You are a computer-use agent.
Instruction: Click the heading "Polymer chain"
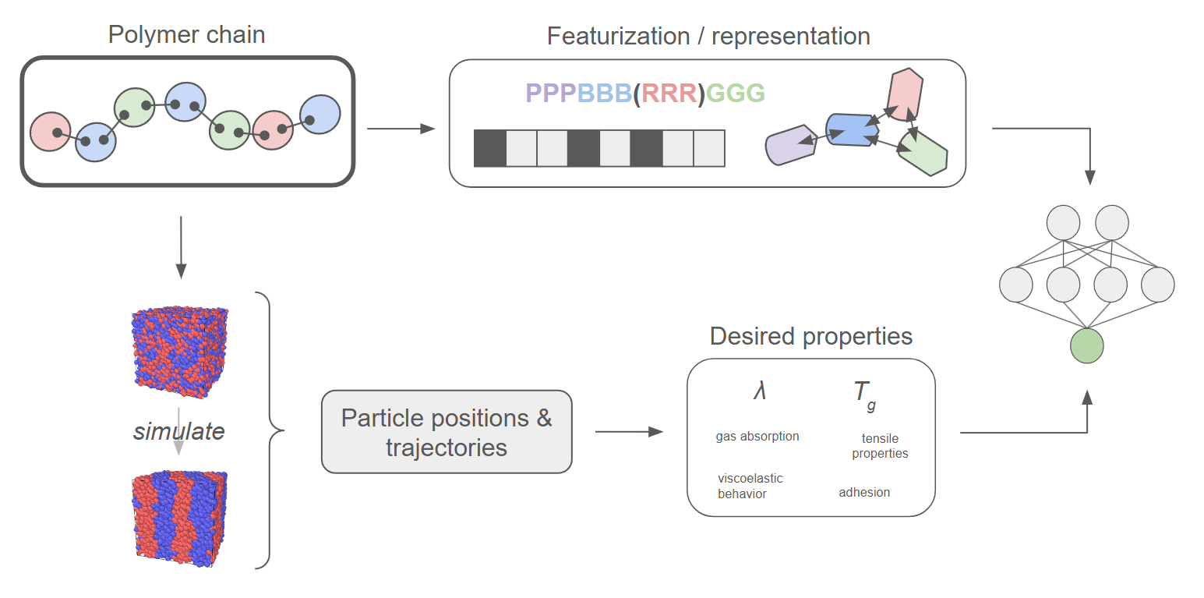(186, 35)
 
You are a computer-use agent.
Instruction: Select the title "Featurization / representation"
(708, 36)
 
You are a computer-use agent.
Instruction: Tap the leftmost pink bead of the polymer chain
(51, 132)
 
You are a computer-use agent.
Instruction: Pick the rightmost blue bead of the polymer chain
(320, 115)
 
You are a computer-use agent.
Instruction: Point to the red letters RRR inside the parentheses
(669, 94)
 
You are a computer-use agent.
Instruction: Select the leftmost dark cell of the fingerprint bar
(489, 148)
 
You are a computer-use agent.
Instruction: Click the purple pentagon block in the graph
(789, 145)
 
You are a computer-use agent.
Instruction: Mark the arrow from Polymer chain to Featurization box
(400, 129)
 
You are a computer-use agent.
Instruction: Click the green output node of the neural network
(1086, 346)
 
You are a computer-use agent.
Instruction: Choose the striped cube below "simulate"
(179, 518)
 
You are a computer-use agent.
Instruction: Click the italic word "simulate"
(178, 431)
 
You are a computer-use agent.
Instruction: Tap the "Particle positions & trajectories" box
(447, 432)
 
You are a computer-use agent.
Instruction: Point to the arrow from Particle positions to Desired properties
(628, 432)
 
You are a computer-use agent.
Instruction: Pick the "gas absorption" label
(757, 437)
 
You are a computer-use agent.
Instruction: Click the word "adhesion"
(864, 493)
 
